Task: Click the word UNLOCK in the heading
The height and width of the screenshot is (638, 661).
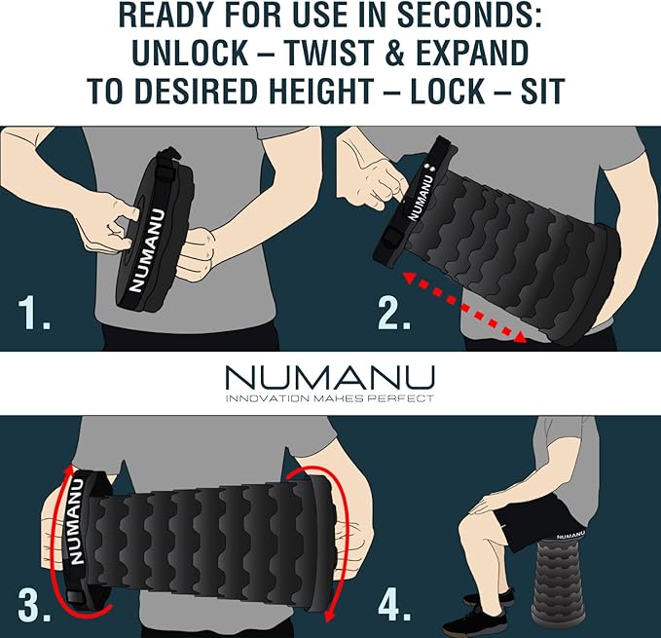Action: coord(190,53)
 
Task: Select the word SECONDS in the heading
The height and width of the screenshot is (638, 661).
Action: coord(469,15)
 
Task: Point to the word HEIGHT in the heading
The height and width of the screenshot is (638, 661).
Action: coord(315,92)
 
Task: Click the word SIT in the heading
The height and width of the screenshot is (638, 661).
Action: coord(543,92)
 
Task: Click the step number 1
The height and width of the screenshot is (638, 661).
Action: coord(34,313)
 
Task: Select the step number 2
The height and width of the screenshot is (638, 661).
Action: coord(394,313)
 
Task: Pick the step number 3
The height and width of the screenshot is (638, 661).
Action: coord(34,605)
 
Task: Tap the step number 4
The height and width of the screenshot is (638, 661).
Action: coord(394,605)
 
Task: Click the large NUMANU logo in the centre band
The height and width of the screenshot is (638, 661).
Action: coord(330,377)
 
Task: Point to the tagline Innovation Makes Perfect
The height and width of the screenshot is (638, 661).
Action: coord(330,398)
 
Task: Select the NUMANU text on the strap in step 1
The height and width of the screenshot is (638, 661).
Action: coord(146,250)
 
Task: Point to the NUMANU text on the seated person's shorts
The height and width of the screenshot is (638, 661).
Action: coord(570,536)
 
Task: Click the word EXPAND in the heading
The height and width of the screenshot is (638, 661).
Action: coord(472,53)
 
